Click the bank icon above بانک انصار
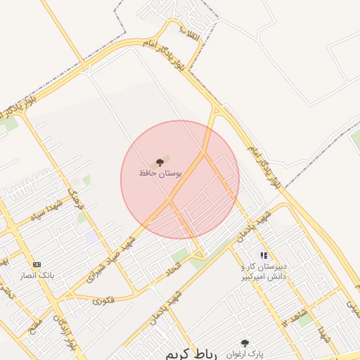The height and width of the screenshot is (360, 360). [x=37, y=265]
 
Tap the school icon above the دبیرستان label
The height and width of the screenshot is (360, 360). [x=264, y=256]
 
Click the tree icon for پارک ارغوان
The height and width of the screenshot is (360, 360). [x=245, y=343]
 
